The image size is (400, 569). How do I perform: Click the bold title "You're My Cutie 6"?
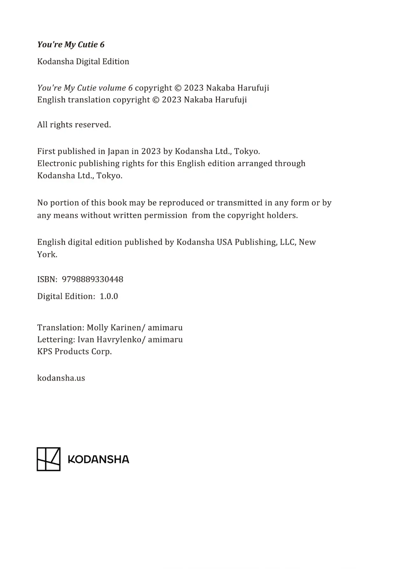71,45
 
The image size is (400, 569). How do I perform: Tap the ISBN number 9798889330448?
93,279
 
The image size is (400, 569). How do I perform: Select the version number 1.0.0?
109,296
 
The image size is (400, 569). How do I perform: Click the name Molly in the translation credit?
97,327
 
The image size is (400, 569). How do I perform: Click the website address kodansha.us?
61,378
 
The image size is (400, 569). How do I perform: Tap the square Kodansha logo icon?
49,459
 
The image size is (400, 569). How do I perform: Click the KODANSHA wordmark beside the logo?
99,459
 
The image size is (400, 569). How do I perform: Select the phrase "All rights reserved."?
74,125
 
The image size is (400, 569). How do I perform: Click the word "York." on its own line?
47,255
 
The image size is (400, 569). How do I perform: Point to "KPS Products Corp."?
74,352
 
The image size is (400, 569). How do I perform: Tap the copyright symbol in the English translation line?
156,100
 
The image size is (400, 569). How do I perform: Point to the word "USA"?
224,242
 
